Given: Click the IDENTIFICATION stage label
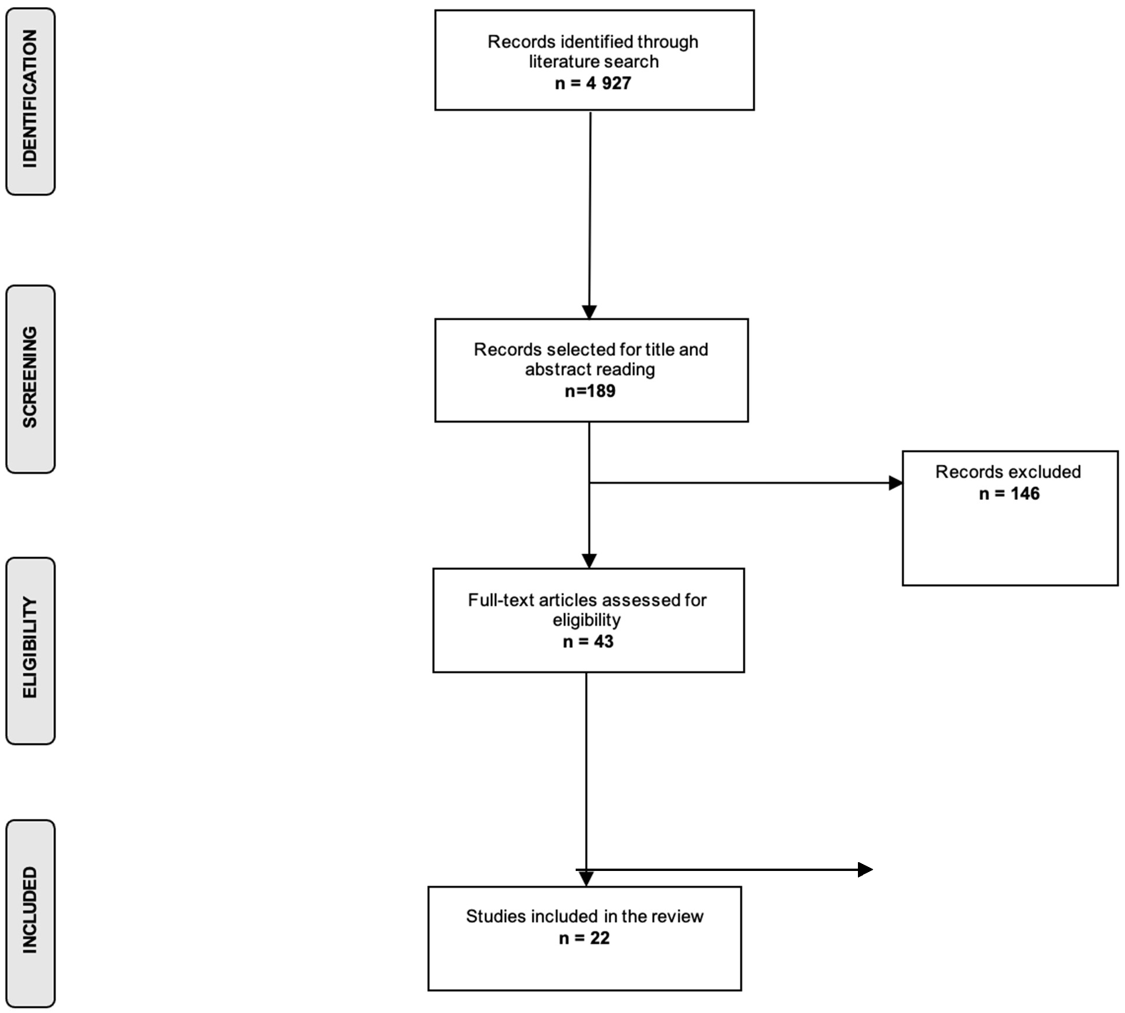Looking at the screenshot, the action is click(30, 99).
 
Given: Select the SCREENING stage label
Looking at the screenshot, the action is click(30, 378).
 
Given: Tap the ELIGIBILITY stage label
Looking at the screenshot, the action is click(30, 648).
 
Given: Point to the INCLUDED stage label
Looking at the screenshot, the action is click(30, 910).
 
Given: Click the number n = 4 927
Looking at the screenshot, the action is click(593, 84).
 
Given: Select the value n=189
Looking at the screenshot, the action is click(590, 391).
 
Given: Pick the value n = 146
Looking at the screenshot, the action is click(1009, 494).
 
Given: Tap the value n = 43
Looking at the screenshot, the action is click(588, 642).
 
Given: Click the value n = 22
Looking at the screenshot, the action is click(584, 938).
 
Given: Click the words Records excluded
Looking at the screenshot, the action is click(1008, 472).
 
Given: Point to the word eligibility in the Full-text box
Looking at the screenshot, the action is click(587, 620).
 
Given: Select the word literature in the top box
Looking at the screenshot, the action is click(565, 61).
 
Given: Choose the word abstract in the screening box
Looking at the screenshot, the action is click(555, 369).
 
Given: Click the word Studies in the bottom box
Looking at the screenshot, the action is click(496, 916).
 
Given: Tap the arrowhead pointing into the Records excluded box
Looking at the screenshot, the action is click(896, 483).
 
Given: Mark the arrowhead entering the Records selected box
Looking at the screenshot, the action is click(589, 312).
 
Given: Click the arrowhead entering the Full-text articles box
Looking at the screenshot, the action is click(589, 561).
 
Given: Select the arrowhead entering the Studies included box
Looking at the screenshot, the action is click(586, 879).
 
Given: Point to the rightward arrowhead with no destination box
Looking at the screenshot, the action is click(866, 870).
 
